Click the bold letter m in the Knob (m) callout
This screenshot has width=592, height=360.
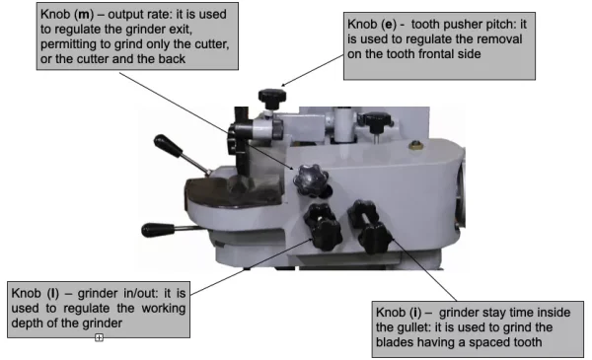[x=84, y=15]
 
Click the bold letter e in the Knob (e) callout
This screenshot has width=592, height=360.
[x=388, y=25]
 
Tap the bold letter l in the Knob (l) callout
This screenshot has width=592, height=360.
[x=53, y=293]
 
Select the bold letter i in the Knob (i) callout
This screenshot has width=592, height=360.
[x=415, y=313]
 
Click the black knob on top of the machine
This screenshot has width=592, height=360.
[x=272, y=98]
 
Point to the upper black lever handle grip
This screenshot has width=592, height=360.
[x=168, y=145]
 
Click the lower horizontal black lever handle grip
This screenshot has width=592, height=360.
[x=158, y=230]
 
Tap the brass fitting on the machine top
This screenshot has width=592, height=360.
[x=415, y=145]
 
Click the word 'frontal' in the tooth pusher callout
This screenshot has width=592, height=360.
[x=433, y=54]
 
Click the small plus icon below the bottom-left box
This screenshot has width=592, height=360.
[x=99, y=337]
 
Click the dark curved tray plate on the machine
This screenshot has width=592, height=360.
[x=234, y=192]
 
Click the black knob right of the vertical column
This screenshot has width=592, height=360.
[x=375, y=121]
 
